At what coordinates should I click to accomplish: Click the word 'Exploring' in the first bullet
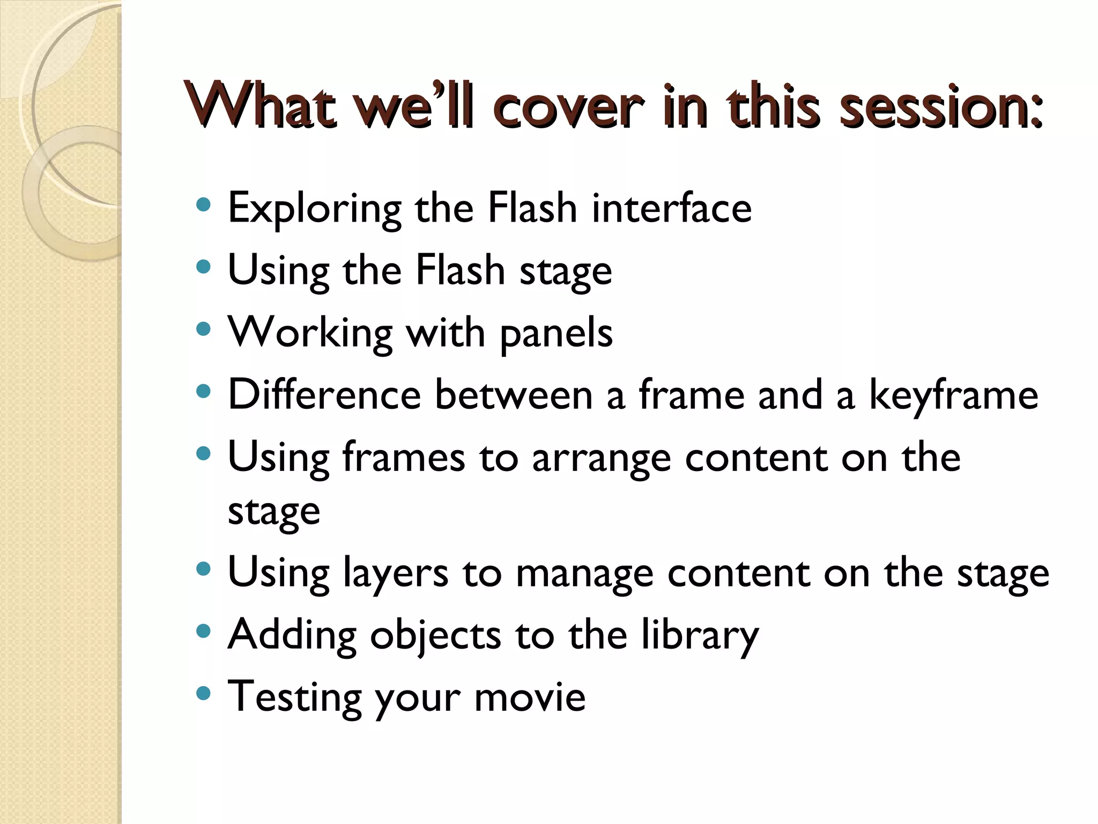tap(314, 209)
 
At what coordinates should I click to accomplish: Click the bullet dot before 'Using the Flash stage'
tap(204, 266)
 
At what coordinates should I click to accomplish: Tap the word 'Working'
tap(310, 333)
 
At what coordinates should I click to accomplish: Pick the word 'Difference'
tap(324, 394)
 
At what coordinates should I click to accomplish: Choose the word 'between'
tap(513, 394)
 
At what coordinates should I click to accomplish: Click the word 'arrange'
tap(601, 459)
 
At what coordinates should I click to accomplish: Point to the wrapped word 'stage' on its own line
tap(274, 512)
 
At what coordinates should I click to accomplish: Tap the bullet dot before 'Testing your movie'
tap(204, 694)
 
